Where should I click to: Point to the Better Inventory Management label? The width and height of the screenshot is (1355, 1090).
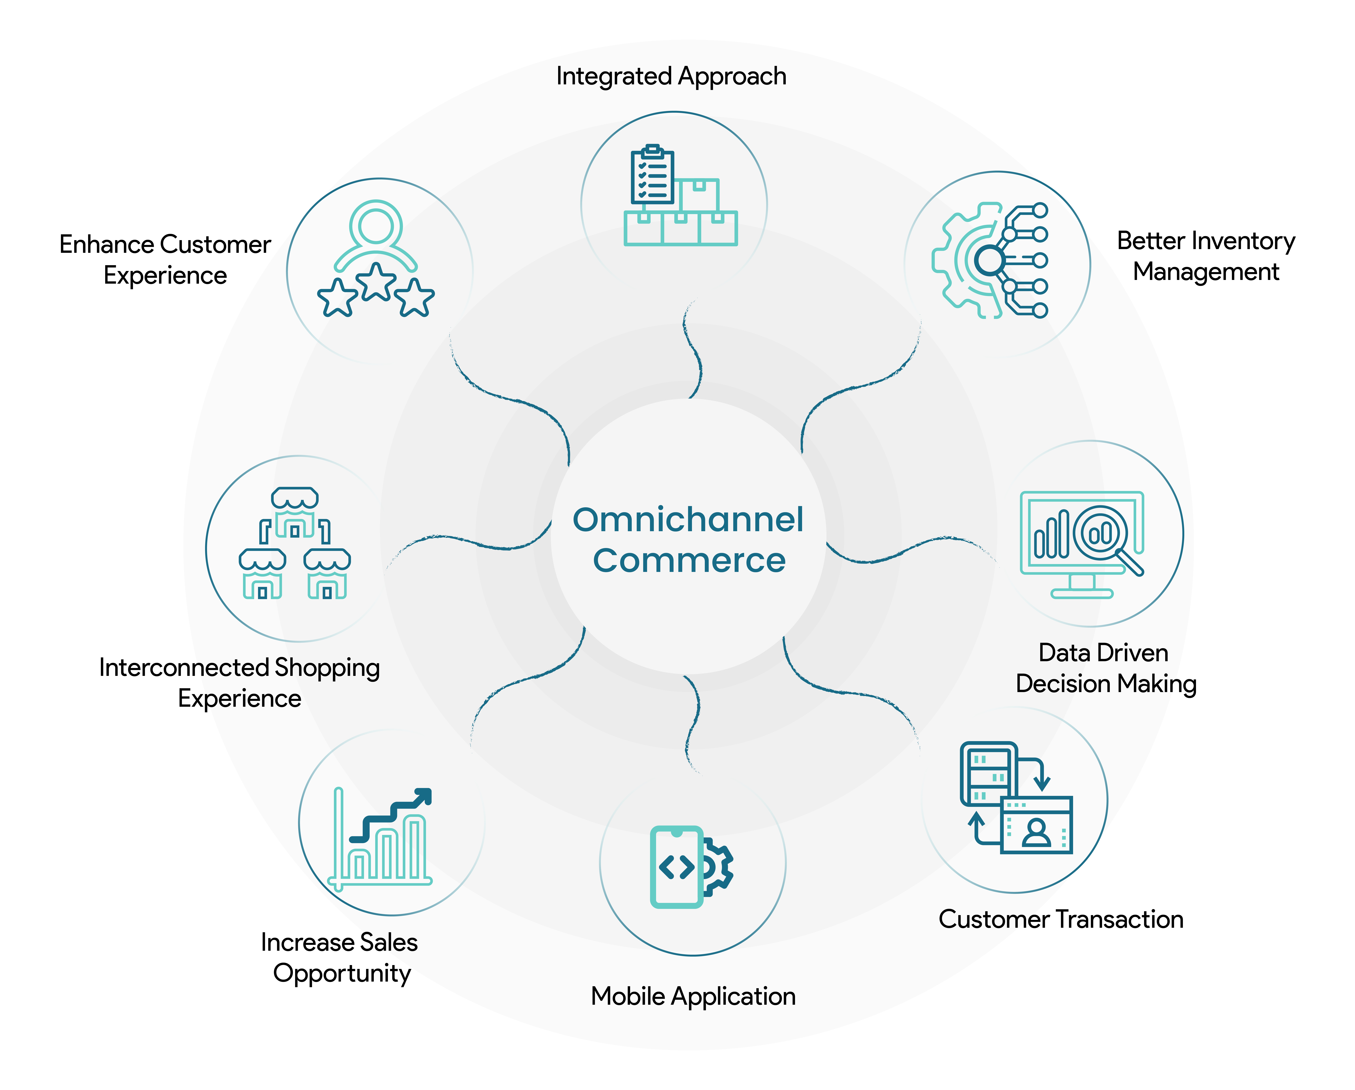[1206, 256]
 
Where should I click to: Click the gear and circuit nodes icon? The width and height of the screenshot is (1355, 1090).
[990, 260]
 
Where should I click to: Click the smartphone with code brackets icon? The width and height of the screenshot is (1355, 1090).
[677, 867]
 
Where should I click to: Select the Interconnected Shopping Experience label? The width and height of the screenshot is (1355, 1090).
[240, 683]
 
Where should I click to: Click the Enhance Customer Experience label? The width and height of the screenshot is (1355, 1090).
[165, 260]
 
